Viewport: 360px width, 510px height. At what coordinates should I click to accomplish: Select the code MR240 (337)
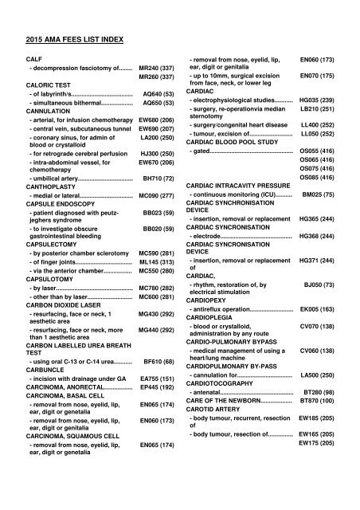[156, 69]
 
